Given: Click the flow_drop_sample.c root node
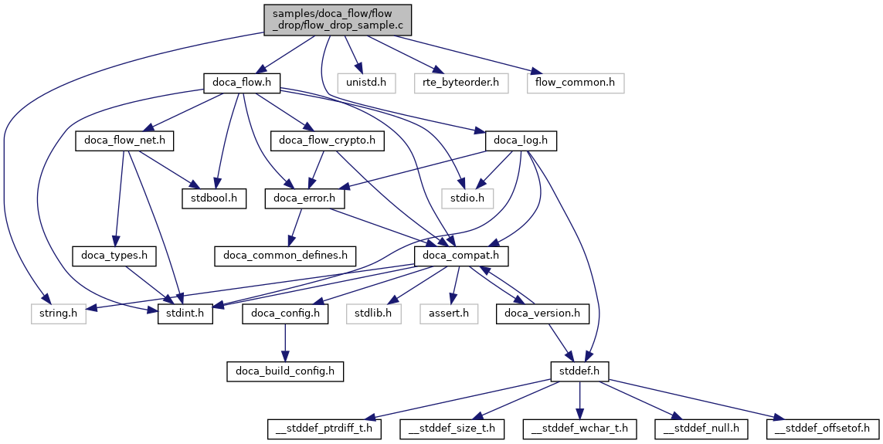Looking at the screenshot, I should (x=338, y=19).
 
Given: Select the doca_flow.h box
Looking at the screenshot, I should (x=241, y=82).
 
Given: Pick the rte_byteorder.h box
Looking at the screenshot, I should (x=461, y=82).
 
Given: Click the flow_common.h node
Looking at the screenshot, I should (x=576, y=82).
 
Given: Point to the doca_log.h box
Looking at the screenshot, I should (x=521, y=141).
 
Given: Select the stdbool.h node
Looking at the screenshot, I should (x=215, y=198).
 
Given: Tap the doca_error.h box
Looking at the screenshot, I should (x=304, y=198).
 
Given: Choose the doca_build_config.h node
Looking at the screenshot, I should (x=285, y=371).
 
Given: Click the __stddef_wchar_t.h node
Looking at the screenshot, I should (x=579, y=429).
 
